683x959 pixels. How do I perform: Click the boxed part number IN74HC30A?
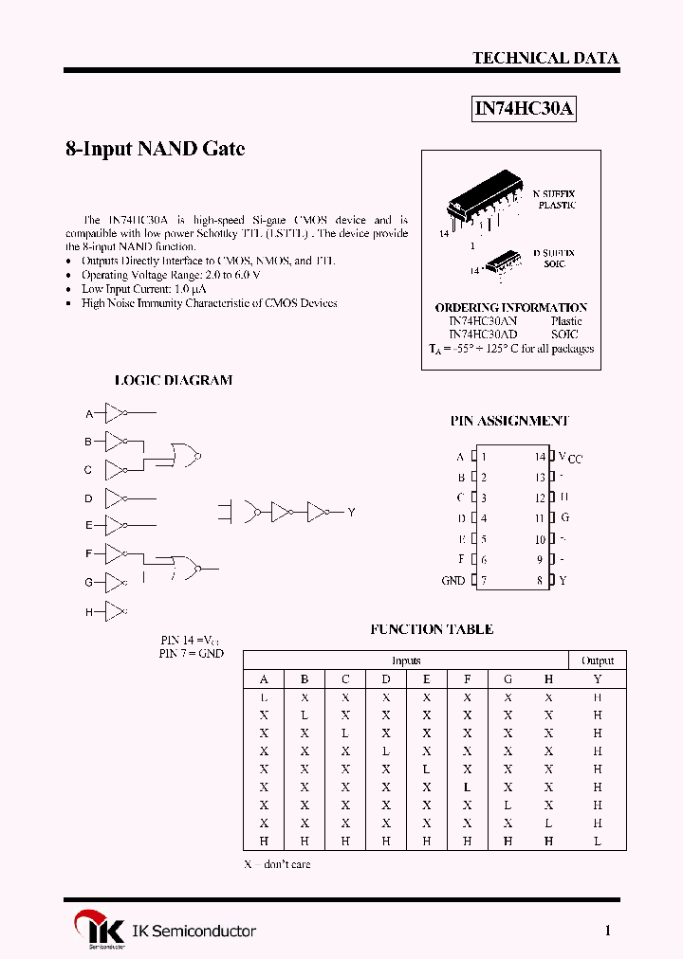click(524, 109)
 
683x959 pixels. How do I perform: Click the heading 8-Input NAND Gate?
click(155, 149)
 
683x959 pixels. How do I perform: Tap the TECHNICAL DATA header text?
click(545, 58)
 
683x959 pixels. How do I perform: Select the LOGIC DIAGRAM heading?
click(173, 380)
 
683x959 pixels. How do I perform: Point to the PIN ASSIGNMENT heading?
click(509, 421)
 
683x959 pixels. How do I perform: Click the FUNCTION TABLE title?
click(432, 629)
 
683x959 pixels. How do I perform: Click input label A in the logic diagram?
click(89, 414)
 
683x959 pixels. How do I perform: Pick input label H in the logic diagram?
click(89, 612)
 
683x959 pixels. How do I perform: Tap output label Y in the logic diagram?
click(351, 513)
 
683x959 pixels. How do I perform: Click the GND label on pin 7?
click(453, 581)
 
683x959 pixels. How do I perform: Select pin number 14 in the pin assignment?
click(540, 457)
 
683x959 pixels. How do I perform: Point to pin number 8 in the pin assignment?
click(540, 581)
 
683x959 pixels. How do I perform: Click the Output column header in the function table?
click(598, 660)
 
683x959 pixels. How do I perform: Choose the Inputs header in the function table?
click(406, 660)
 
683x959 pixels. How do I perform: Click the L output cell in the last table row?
click(598, 841)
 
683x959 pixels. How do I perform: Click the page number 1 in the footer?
click(608, 931)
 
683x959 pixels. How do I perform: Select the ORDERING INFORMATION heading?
click(510, 308)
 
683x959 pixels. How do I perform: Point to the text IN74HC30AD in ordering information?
click(483, 335)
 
